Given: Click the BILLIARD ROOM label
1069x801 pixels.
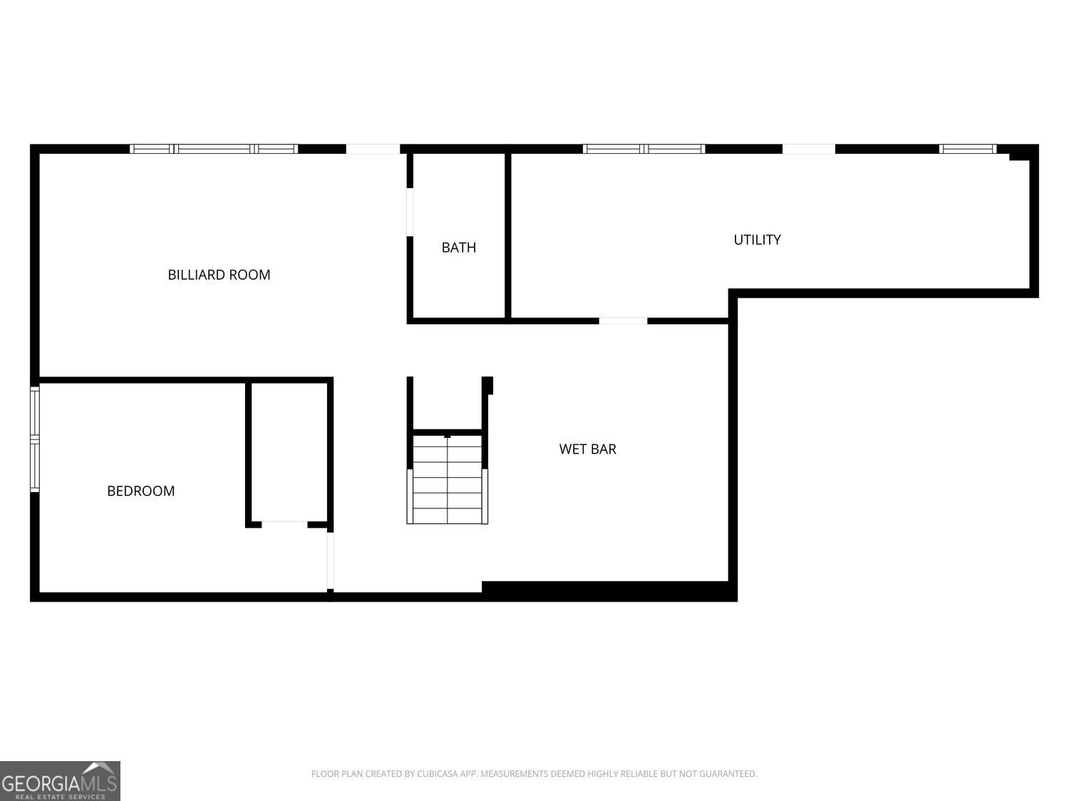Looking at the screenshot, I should (x=219, y=275).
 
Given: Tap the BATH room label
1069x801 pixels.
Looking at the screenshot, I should (x=458, y=248).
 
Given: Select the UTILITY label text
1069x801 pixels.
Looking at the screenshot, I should (x=757, y=240).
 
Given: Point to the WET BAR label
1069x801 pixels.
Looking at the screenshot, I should (x=587, y=449).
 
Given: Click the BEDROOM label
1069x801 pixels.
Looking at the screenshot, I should (x=140, y=491).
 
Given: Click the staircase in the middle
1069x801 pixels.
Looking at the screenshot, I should (x=448, y=479).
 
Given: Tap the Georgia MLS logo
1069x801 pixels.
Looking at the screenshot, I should (x=60, y=780).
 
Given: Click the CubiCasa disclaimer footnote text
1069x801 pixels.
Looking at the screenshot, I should (x=534, y=774).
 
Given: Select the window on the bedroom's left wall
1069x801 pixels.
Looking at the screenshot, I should (x=34, y=439).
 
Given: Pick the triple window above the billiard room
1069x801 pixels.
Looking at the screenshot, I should (x=214, y=149).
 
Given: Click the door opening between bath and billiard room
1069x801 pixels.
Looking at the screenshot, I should (x=410, y=211).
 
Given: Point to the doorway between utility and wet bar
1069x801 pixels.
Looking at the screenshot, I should (x=623, y=321).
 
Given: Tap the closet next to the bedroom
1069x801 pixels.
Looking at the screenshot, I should (x=289, y=452).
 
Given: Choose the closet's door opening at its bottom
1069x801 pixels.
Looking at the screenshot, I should (x=284, y=525).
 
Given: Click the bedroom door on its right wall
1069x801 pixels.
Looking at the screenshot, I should (x=330, y=560).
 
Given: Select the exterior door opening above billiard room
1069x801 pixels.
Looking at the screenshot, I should (x=373, y=149).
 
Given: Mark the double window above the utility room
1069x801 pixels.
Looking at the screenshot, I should (x=644, y=149).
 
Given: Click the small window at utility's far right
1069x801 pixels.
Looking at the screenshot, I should (x=967, y=149).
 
